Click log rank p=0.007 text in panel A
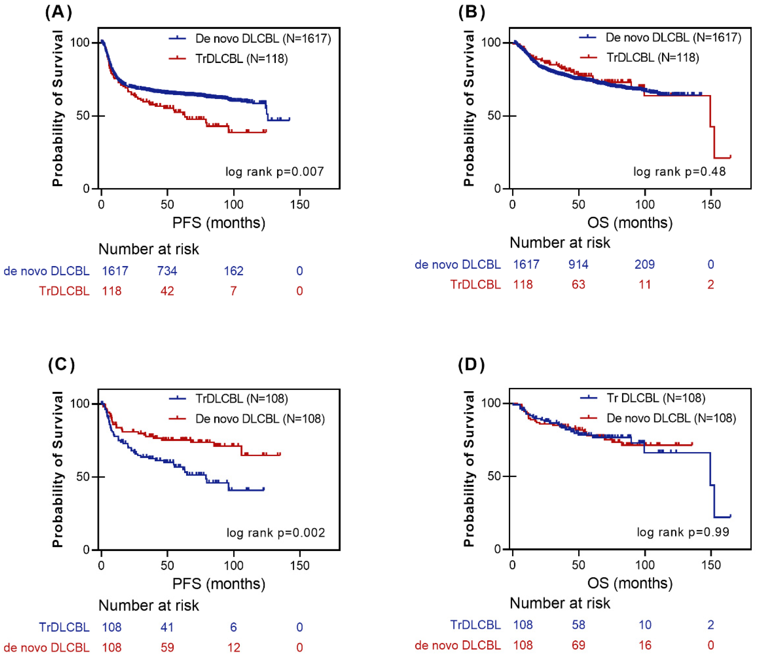(274, 171)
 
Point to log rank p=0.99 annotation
(683, 532)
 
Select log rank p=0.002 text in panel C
(276, 533)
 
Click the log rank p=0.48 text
(679, 171)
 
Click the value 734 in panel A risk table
(167, 271)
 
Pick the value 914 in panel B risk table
(578, 264)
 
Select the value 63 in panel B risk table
(578, 284)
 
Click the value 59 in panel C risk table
(167, 647)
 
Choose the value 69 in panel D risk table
(578, 645)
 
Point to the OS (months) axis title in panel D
(630, 583)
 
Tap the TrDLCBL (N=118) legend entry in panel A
(228, 59)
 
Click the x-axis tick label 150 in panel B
(711, 204)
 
